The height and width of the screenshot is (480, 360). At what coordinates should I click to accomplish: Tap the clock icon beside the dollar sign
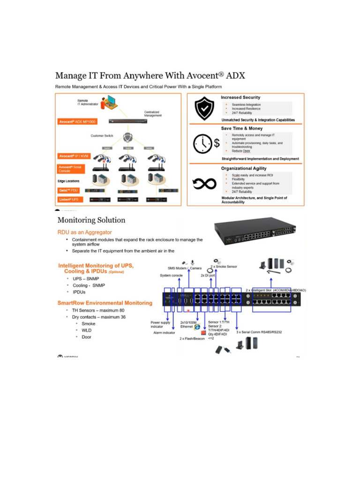203,142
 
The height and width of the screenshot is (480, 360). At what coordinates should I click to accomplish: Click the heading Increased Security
241,97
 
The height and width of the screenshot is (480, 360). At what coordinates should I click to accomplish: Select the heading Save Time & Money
242,128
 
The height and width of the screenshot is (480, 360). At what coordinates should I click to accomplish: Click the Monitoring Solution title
91,220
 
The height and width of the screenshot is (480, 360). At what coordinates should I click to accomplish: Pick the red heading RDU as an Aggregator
84,232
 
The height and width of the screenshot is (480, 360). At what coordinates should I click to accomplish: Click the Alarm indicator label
164,332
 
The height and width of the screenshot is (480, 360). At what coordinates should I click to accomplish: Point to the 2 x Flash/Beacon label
192,338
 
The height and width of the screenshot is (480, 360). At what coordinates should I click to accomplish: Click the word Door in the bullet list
87,337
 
